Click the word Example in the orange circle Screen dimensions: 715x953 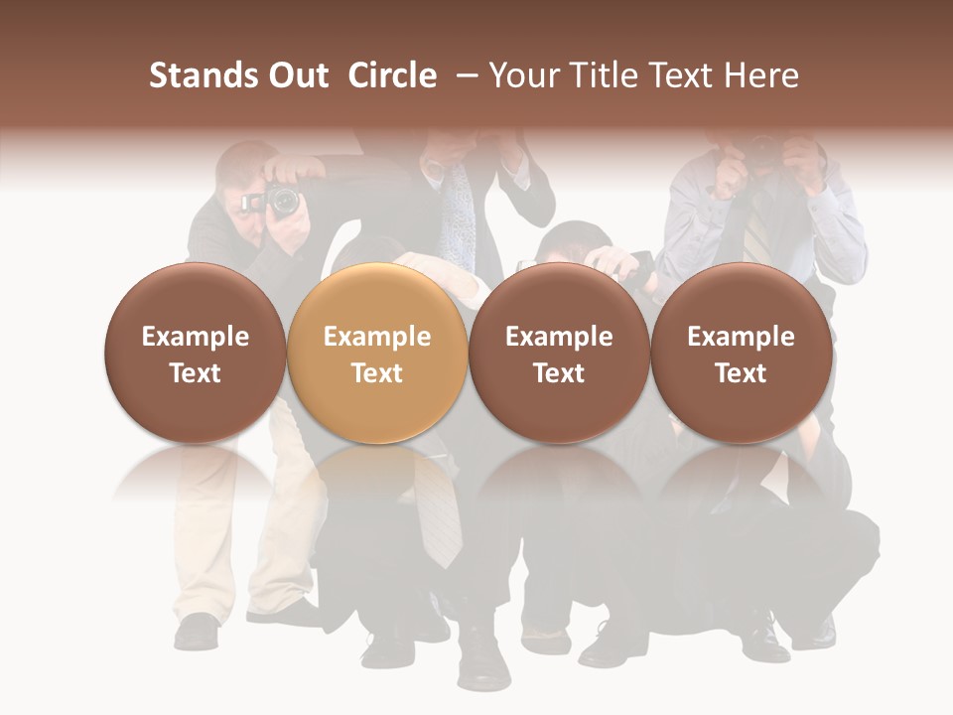click(x=377, y=337)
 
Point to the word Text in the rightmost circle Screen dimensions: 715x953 click(x=741, y=373)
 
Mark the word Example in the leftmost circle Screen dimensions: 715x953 click(x=196, y=337)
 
